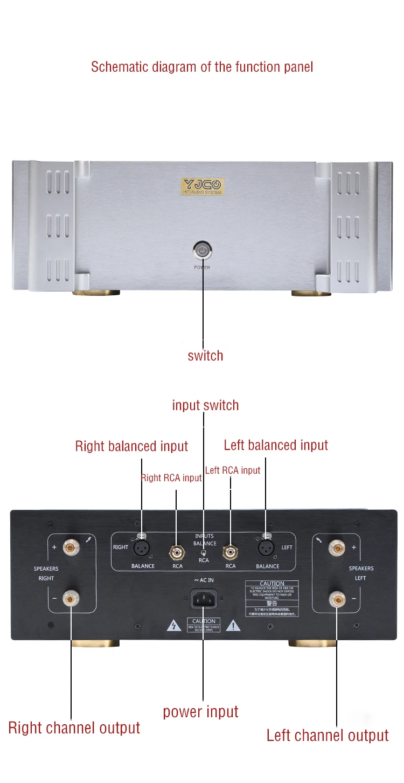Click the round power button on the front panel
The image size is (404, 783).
pyautogui.click(x=202, y=250)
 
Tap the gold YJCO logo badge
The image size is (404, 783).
pyautogui.click(x=202, y=186)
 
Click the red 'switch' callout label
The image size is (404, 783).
pyautogui.click(x=205, y=356)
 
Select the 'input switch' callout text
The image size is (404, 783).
pyautogui.click(x=205, y=405)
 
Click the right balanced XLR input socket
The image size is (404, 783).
pyautogui.click(x=141, y=548)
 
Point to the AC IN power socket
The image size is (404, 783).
pyautogui.click(x=203, y=598)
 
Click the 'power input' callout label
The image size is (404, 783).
pyautogui.click(x=200, y=712)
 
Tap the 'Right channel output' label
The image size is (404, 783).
pyautogui.click(x=74, y=728)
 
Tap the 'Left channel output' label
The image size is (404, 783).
pyautogui.click(x=328, y=736)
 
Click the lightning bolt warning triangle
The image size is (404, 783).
pyautogui.click(x=173, y=626)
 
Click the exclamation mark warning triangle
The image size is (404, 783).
pyautogui.click(x=233, y=626)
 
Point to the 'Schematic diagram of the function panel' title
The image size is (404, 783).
pyautogui.click(x=202, y=67)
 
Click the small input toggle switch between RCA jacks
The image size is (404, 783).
pyautogui.click(x=203, y=552)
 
